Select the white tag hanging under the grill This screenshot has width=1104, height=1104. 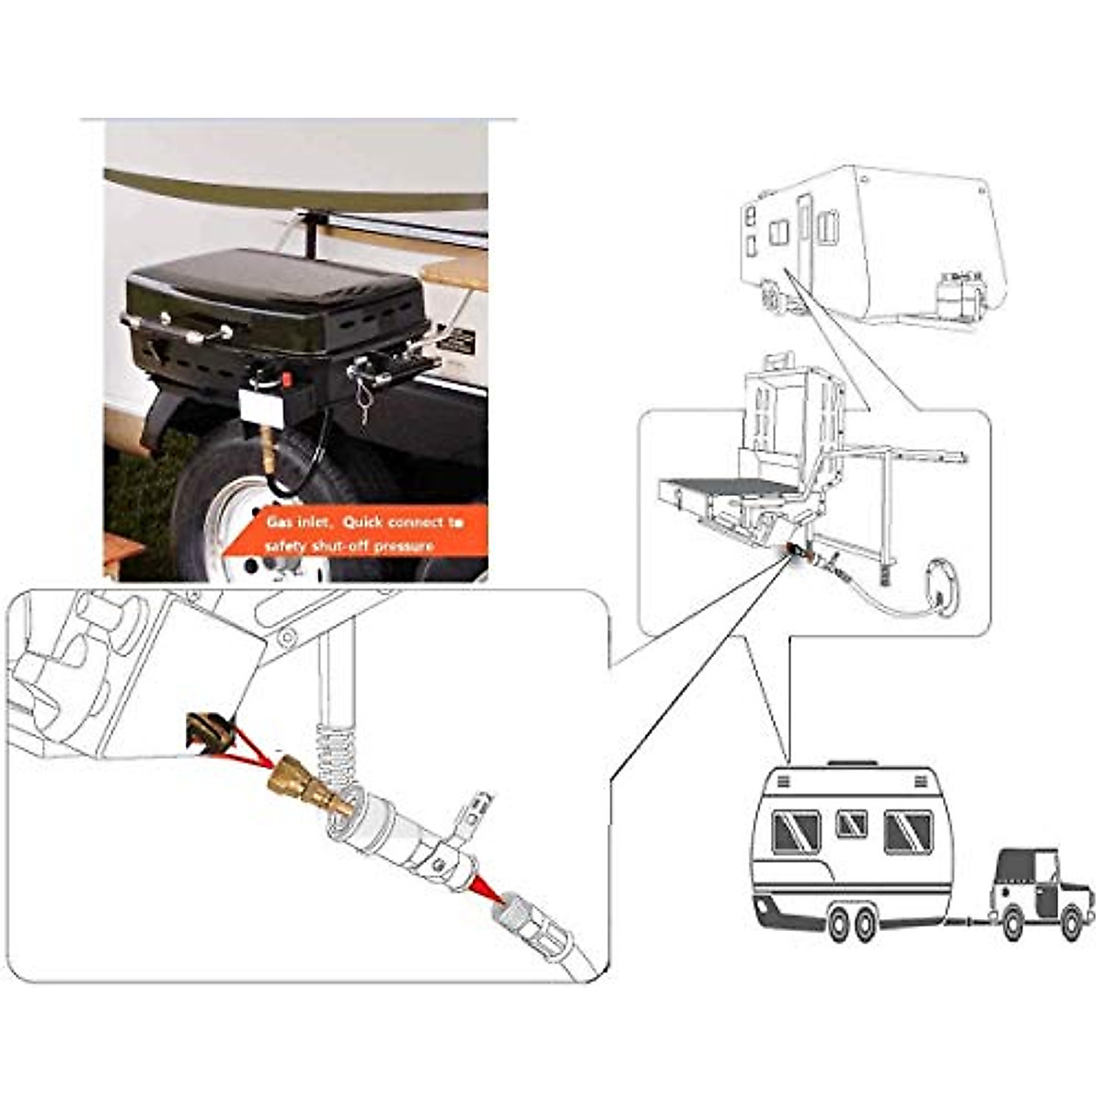(260, 406)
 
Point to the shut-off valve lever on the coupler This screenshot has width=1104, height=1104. (469, 814)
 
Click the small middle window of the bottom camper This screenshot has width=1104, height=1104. (851, 823)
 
